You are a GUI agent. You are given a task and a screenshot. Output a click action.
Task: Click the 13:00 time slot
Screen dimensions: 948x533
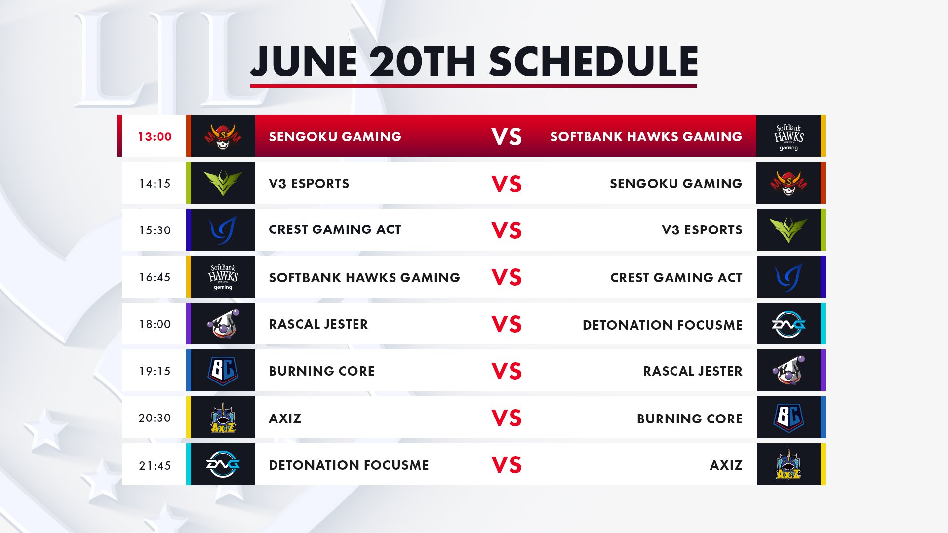(x=155, y=137)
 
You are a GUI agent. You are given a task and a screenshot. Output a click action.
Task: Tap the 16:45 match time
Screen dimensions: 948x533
(x=155, y=277)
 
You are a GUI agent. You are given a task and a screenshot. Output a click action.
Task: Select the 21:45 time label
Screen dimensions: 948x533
(x=155, y=465)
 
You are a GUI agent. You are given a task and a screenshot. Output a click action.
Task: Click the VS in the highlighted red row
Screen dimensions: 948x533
(x=507, y=137)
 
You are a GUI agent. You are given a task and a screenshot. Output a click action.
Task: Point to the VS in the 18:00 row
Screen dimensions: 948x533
(x=507, y=324)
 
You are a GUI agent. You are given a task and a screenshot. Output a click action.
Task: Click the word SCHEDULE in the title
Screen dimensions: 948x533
(x=593, y=62)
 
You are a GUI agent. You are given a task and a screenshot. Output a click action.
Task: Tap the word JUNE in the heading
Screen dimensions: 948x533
(x=304, y=62)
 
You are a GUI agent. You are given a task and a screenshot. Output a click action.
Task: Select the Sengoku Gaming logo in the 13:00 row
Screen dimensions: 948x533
(x=223, y=137)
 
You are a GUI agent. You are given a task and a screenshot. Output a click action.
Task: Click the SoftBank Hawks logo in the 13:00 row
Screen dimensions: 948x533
(x=789, y=137)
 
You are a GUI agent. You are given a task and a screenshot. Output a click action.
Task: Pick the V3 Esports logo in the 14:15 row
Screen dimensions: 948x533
(x=223, y=183)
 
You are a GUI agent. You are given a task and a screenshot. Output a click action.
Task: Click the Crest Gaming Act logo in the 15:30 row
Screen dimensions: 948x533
(x=223, y=230)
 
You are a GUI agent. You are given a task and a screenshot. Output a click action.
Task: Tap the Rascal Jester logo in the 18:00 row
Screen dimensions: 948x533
(x=223, y=324)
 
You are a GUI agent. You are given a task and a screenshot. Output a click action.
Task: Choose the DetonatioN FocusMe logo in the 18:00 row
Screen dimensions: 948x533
(x=789, y=324)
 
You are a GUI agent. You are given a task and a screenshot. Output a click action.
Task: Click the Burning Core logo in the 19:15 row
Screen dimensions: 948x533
(x=223, y=371)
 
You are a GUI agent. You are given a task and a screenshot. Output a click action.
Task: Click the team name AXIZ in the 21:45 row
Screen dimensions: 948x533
(x=726, y=465)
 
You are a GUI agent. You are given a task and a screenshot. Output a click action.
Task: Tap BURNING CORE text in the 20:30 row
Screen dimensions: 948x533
(x=689, y=419)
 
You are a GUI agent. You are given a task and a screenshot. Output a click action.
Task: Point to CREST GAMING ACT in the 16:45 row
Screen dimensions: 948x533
(x=676, y=278)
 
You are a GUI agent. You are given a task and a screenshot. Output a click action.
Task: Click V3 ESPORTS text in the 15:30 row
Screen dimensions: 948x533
(x=702, y=230)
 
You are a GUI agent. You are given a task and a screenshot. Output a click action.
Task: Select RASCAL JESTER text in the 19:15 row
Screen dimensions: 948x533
(x=693, y=371)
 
